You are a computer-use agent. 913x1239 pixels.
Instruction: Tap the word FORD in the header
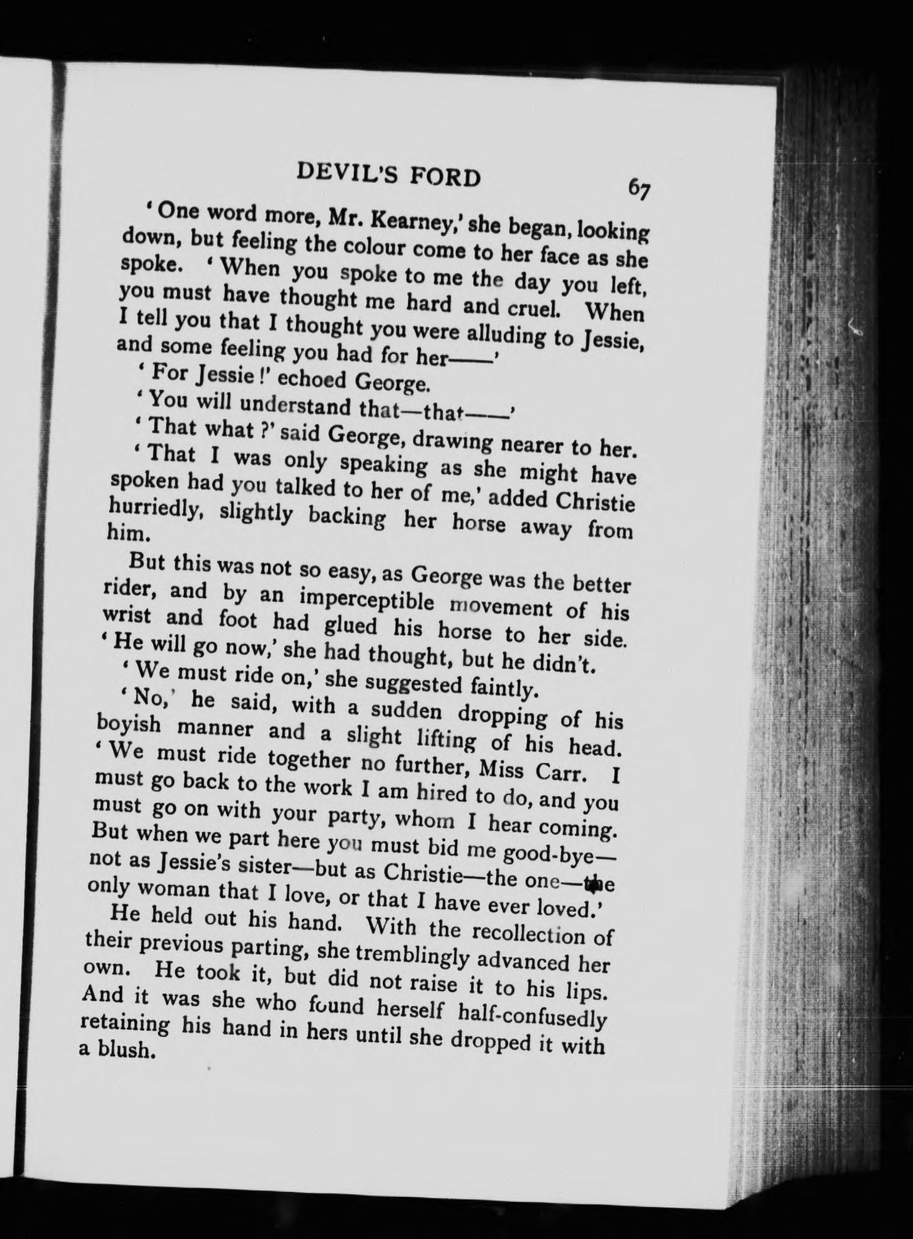[445, 178]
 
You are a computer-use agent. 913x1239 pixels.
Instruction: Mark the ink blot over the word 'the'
[590, 884]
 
